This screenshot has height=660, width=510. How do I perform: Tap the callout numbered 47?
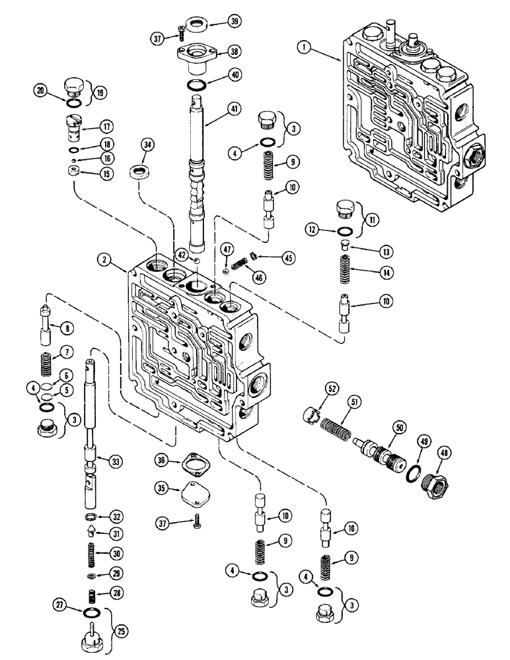tap(227, 249)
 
